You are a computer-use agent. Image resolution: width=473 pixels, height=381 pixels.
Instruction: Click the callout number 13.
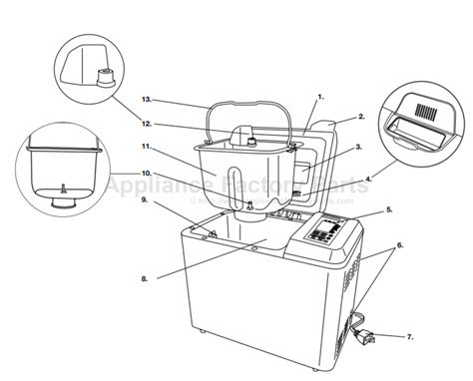coord(147,101)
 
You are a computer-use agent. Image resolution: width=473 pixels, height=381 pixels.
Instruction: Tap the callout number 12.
coord(147,124)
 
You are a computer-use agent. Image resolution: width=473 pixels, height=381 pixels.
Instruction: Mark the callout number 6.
coord(400,244)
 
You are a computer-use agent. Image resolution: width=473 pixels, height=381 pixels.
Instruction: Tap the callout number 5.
coord(389,211)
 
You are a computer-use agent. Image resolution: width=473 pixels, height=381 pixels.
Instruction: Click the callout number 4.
coord(368,179)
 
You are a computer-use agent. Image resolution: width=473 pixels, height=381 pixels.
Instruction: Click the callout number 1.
coord(320,96)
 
